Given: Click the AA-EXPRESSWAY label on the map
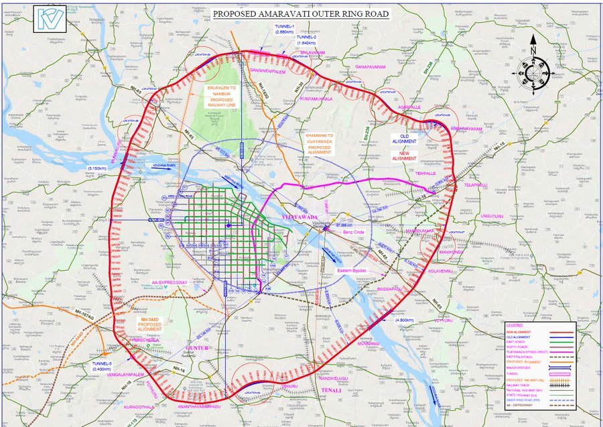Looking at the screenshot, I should [x=174, y=283].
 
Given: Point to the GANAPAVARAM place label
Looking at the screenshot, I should [x=376, y=67].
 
